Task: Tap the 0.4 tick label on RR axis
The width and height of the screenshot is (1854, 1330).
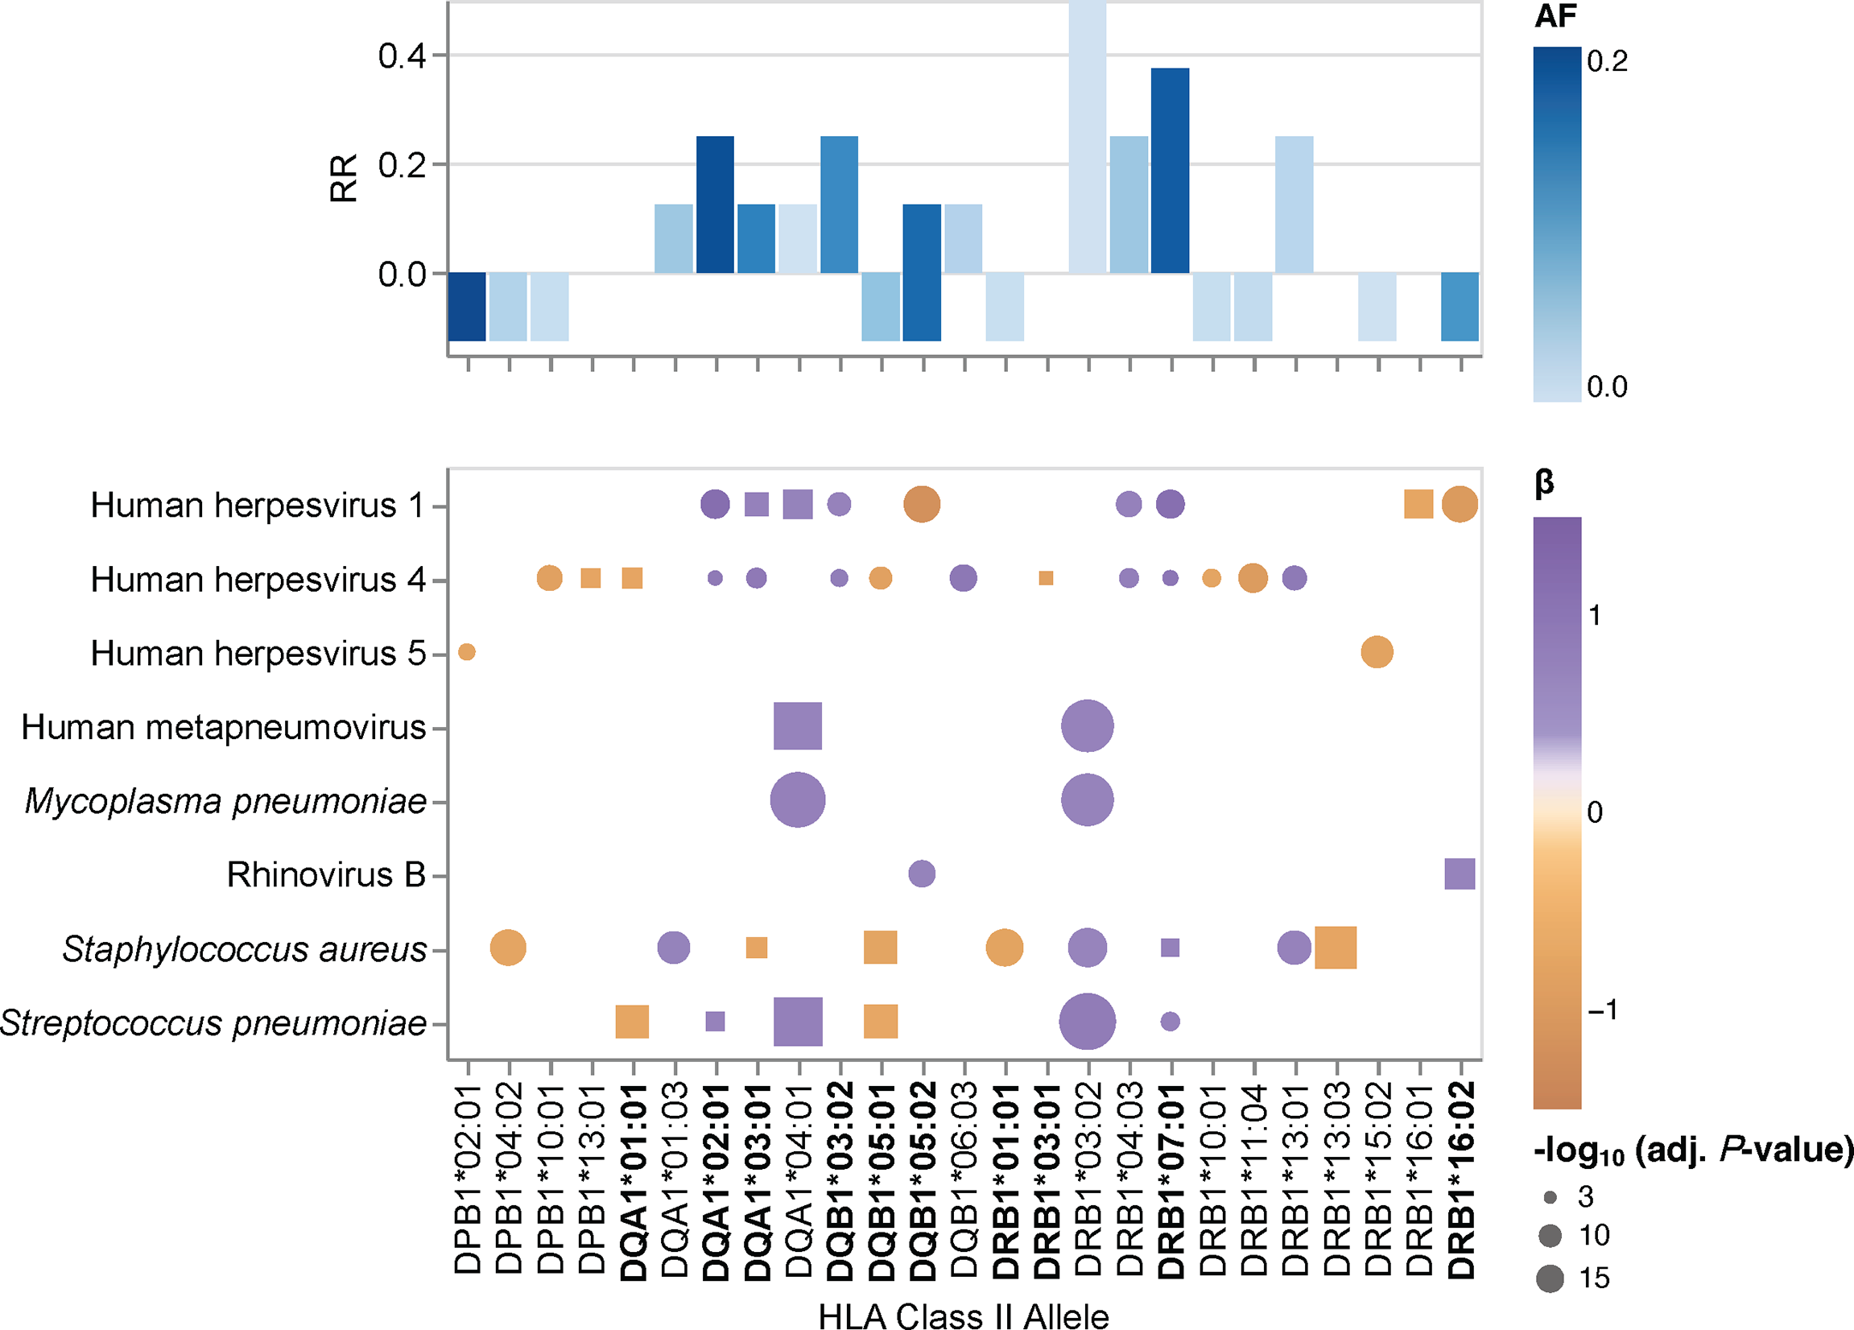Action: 402,56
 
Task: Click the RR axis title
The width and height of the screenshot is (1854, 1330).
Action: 344,178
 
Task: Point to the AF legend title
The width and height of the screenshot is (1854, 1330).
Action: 1555,16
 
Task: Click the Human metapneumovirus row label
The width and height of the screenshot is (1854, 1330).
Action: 223,727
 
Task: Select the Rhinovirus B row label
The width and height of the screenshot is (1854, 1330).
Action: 326,874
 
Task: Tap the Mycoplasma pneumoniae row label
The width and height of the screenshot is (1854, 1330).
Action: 225,801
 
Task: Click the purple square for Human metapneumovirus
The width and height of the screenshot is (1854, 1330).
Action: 797,726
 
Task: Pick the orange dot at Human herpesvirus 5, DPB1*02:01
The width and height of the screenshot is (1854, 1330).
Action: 467,651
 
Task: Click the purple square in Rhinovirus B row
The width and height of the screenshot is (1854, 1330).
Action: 1460,874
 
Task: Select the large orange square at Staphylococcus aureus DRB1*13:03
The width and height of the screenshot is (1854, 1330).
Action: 1336,948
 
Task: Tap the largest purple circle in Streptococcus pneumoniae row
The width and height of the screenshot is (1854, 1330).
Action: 1087,1021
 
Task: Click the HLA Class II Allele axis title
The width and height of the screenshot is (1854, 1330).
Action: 963,1317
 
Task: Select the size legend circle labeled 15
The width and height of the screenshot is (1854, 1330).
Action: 1550,1278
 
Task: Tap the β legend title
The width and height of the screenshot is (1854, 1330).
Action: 1543,482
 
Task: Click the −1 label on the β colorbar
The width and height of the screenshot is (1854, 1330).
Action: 1602,1010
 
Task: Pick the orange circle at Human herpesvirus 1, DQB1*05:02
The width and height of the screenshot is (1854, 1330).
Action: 921,503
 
